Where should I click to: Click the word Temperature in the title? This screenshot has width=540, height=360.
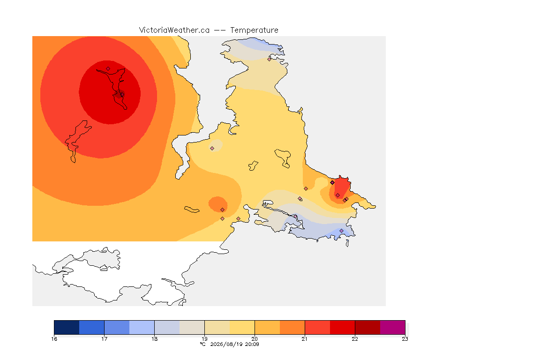[254, 30]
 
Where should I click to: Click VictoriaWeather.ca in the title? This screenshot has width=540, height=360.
[174, 30]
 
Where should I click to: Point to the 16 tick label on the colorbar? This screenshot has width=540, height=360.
[54, 339]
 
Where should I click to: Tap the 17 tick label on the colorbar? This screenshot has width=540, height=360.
[105, 339]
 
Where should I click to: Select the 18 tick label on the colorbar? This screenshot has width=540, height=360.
[155, 339]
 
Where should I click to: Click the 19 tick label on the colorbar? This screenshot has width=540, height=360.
[204, 339]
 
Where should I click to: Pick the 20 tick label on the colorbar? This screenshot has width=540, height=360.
[255, 339]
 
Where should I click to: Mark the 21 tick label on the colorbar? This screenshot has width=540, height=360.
[305, 339]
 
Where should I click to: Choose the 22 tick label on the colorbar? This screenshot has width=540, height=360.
[355, 339]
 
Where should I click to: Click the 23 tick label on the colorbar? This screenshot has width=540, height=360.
[405, 339]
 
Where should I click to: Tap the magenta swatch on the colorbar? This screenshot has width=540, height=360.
[393, 327]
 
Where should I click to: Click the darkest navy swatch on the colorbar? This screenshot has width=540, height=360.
[67, 327]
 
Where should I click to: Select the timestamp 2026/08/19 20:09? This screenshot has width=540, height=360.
[234, 344]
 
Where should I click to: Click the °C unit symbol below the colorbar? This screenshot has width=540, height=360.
[202, 344]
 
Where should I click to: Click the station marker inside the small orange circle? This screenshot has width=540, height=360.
[223, 210]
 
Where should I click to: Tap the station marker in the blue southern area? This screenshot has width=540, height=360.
[341, 231]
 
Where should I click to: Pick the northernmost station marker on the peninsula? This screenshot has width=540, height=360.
[270, 59]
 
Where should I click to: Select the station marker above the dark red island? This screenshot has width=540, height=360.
[108, 68]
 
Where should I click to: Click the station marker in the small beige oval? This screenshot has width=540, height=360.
[212, 149]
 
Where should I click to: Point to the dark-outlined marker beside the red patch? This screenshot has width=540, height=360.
[332, 183]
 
